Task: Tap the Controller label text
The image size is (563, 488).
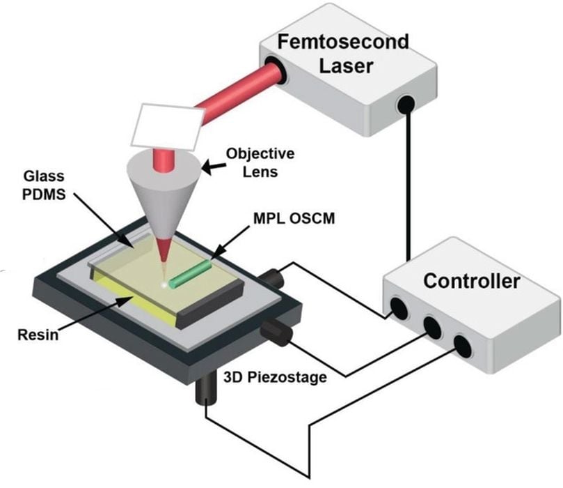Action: (x=472, y=282)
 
